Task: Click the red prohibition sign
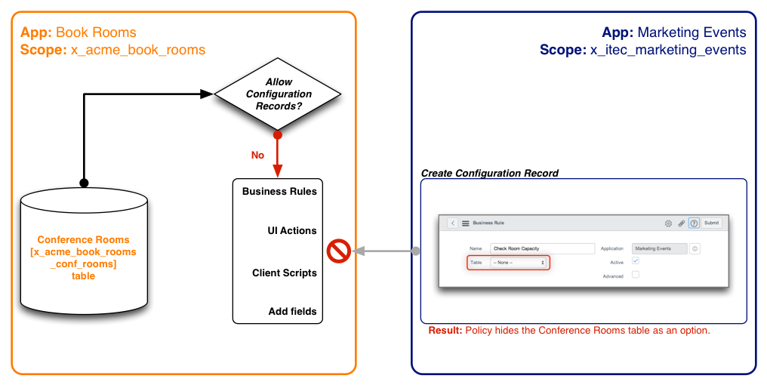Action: (338, 251)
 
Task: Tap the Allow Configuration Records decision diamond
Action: (278, 94)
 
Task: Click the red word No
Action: (257, 155)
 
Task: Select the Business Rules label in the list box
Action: (279, 191)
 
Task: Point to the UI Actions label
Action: (292, 230)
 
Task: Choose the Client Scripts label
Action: (284, 273)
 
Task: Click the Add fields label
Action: (292, 311)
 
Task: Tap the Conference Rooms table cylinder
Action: (84, 251)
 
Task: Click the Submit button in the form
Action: (712, 223)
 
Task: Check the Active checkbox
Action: (636, 260)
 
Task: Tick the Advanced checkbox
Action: (636, 275)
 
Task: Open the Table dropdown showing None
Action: (519, 263)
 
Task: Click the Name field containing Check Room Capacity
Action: (543, 248)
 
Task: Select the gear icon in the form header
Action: (668, 223)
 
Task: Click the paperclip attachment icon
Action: (682, 223)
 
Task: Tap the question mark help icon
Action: (694, 223)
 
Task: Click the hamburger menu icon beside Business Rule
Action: (466, 223)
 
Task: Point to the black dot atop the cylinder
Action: (84, 183)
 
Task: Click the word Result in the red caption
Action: (445, 331)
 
